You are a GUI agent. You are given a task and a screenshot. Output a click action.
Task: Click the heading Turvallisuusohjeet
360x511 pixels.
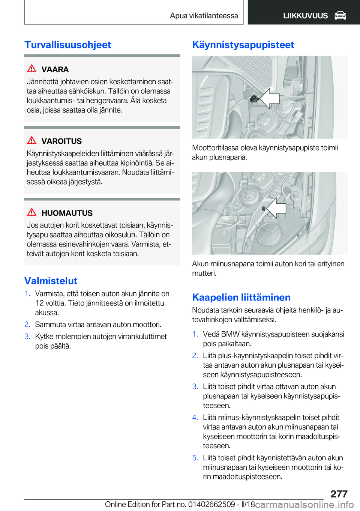[67, 45]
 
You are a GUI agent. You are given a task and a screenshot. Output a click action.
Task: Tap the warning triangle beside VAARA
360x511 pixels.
[32, 69]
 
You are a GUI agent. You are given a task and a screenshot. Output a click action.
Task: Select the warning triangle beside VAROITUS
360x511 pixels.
[32, 140]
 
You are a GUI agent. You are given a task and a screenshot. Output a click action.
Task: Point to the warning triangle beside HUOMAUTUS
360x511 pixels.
[32, 212]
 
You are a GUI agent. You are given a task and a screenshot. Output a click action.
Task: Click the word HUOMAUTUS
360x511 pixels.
[67, 213]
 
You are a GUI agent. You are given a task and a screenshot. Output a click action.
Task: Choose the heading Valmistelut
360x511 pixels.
[51, 281]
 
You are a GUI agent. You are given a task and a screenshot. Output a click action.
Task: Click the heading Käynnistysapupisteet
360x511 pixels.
[243, 45]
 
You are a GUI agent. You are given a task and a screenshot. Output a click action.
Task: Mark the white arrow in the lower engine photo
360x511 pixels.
[277, 208]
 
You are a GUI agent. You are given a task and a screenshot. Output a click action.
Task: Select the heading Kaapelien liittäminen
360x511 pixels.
[241, 297]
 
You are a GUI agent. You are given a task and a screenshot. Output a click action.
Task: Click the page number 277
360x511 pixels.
[339, 494]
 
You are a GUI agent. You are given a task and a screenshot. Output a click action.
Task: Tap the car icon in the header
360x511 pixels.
[340, 16]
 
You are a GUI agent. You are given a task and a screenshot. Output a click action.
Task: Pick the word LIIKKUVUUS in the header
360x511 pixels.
[305, 16]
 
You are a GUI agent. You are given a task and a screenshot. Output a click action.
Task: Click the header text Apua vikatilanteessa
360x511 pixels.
[204, 16]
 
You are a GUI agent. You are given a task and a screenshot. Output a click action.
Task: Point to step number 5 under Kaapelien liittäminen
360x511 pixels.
[195, 458]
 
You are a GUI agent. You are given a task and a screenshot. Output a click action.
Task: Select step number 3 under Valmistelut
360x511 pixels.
[27, 337]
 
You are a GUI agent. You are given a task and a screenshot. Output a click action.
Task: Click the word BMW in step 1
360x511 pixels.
[230, 334]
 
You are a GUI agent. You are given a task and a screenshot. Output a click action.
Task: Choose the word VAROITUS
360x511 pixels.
[61, 141]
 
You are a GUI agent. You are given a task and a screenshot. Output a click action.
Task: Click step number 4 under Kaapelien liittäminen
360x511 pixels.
[195, 418]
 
